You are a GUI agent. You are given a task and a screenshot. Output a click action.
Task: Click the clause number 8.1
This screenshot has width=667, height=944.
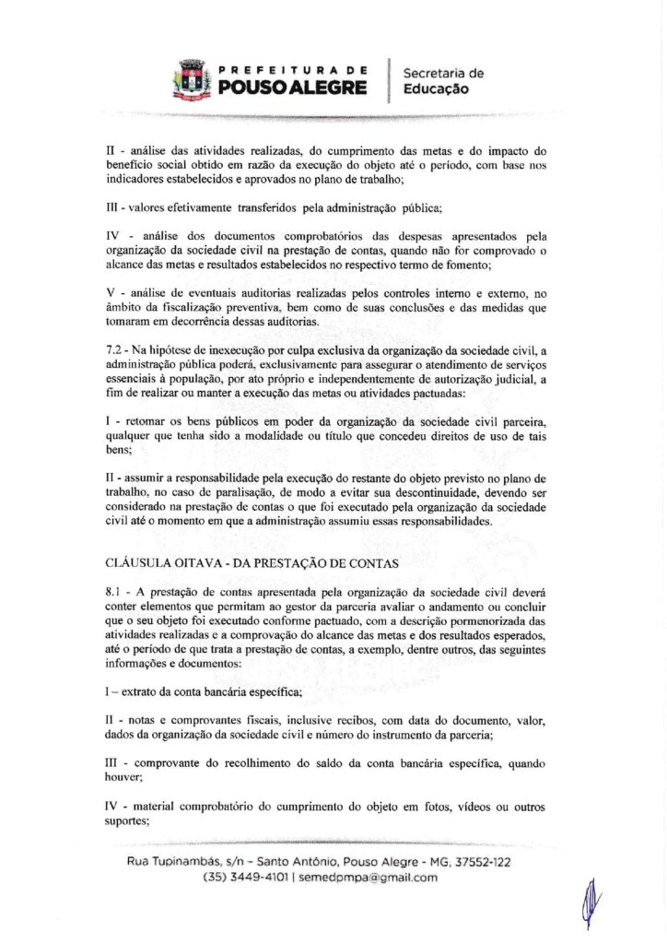point(116,588)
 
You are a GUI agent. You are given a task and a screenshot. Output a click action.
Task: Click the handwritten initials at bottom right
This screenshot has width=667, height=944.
point(591,901)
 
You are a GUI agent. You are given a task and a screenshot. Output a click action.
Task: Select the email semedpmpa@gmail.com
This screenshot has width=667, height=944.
point(369,878)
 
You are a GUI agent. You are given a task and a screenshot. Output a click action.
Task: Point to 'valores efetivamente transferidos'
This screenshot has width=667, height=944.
point(196,206)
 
